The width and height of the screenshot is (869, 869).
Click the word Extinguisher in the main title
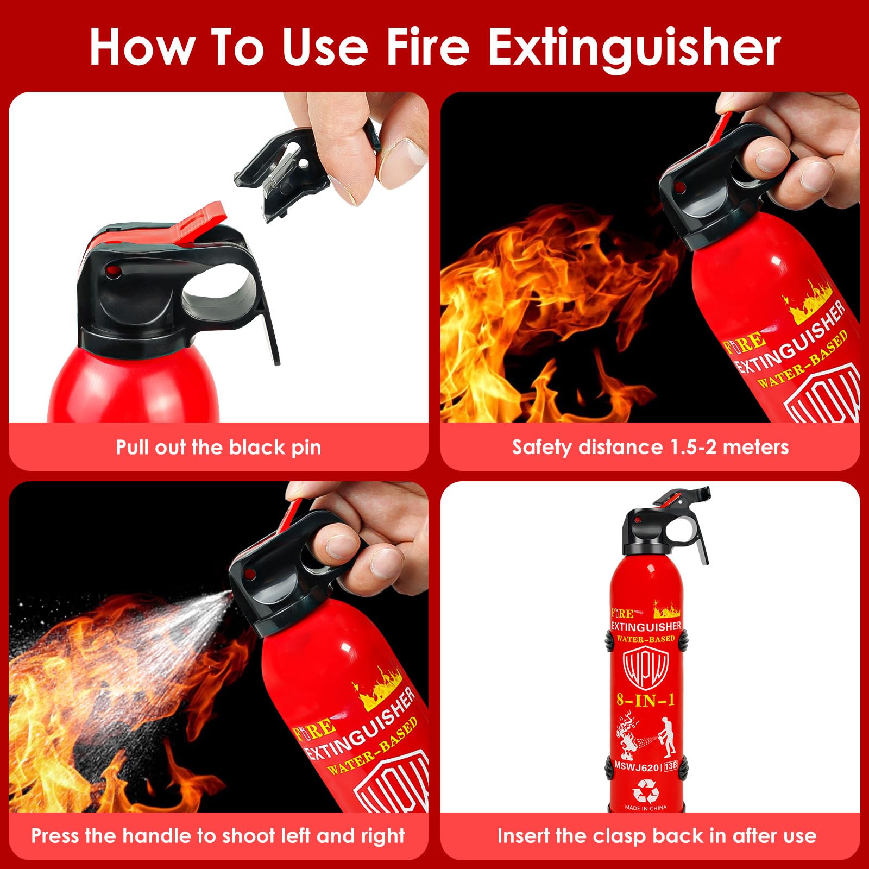point(634,48)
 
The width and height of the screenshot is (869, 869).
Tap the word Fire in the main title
point(427,48)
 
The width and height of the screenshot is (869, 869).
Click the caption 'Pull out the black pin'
point(218,447)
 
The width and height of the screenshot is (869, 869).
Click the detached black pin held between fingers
point(282,168)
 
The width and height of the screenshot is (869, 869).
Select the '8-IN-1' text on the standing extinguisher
point(645,700)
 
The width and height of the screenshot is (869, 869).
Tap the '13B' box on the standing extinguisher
point(670,766)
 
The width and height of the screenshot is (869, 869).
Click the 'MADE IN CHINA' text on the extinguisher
point(646,808)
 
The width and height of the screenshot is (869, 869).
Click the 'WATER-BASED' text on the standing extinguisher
point(645,639)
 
